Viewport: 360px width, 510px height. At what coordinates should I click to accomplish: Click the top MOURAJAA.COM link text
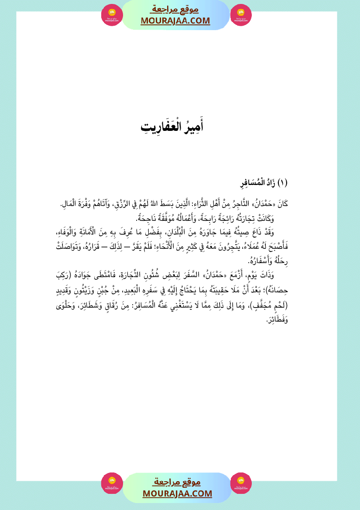click(x=175, y=21)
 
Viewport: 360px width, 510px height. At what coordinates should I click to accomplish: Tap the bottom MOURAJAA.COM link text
click(x=177, y=493)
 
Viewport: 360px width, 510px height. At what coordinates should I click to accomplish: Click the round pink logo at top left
click(x=112, y=15)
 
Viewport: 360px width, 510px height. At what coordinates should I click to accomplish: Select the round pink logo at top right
click(x=241, y=15)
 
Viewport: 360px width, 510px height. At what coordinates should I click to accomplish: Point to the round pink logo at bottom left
click(x=112, y=483)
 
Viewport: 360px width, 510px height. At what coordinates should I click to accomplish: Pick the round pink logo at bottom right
click(x=241, y=483)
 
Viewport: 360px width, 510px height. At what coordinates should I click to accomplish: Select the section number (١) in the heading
click(x=283, y=183)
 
